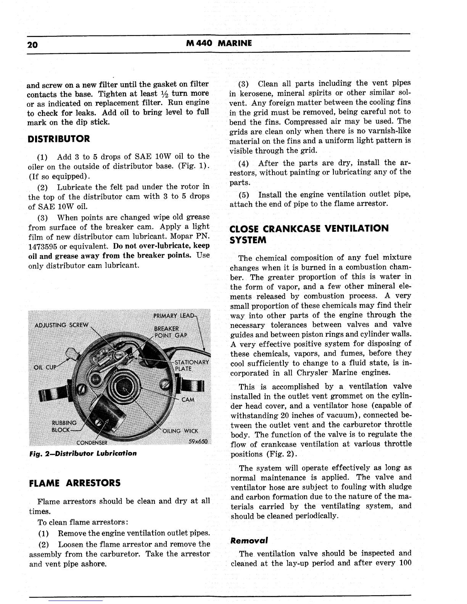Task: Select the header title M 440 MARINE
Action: pos(219,43)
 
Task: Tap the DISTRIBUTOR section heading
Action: pos(59,138)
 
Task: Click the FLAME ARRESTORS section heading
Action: pos(75,483)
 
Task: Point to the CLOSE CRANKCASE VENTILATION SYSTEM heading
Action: pos(309,234)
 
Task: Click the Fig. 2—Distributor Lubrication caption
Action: pos(83,453)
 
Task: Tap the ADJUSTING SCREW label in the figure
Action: pos(61,325)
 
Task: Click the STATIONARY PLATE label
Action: pos(191,365)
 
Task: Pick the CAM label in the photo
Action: pos(188,400)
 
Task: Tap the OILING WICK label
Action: pos(180,431)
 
